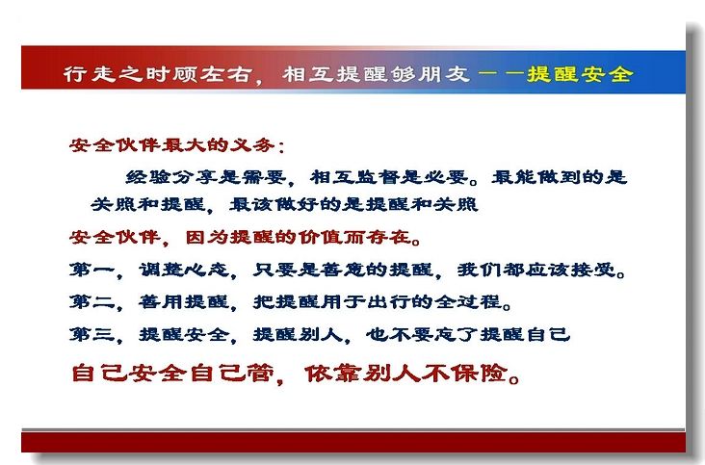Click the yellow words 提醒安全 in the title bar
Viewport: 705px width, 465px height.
tap(581, 74)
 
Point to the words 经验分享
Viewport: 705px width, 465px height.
tap(170, 177)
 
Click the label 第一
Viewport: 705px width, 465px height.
tap(91, 270)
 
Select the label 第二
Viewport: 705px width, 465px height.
tap(91, 301)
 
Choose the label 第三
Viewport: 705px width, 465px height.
tap(91, 334)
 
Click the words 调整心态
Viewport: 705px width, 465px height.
tap(184, 270)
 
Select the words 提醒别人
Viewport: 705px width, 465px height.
tap(298, 334)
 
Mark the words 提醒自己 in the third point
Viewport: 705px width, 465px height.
tap(525, 334)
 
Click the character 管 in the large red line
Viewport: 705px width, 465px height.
tap(259, 374)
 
